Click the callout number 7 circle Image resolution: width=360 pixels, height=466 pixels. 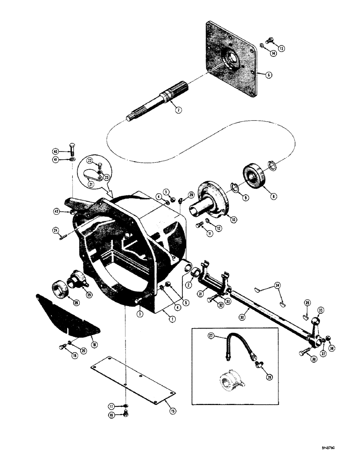tap(178, 110)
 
